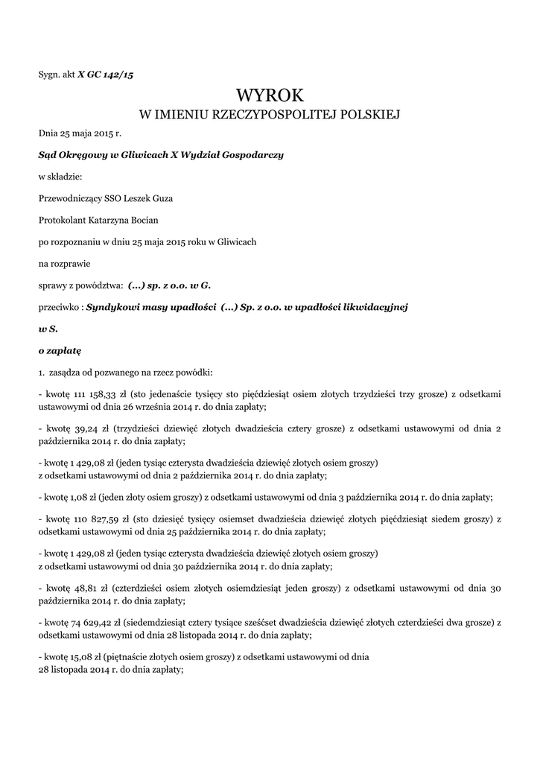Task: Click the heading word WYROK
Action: coord(270,95)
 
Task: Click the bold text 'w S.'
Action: coord(47,328)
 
